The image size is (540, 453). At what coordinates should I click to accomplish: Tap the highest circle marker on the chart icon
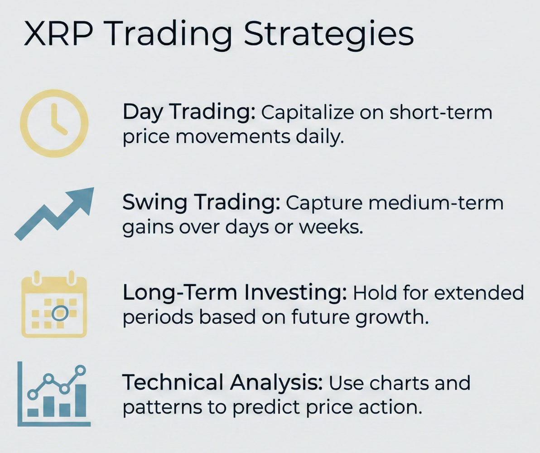tap(81, 370)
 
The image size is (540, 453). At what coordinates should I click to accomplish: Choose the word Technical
tap(174, 383)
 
